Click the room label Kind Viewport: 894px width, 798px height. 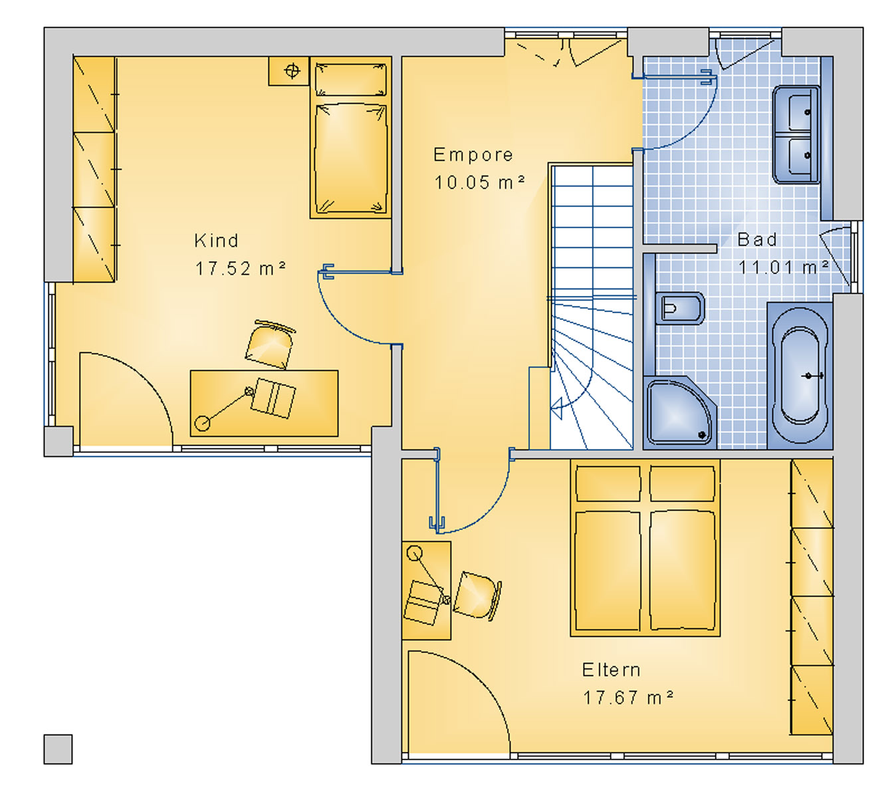216,241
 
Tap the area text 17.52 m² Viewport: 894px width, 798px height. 240,269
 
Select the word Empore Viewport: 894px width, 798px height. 473,155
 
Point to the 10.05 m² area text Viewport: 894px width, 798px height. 479,182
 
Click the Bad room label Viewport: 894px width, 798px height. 757,239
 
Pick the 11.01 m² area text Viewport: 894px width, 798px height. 783,267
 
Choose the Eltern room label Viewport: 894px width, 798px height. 612,670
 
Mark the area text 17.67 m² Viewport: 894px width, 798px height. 628,698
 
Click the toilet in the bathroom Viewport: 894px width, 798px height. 679,308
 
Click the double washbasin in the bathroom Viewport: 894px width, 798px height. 796,134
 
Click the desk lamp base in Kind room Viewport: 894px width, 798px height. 202,423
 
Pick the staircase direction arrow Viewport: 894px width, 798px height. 556,405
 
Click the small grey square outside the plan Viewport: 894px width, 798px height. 58,749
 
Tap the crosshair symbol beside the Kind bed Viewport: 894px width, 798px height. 292,70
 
